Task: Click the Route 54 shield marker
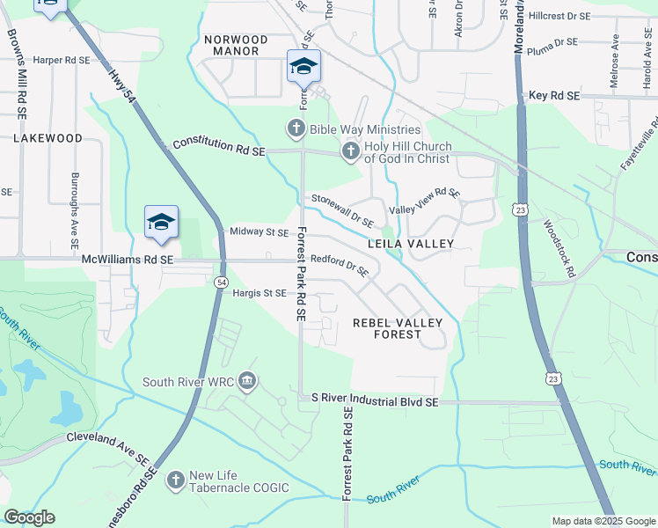coord(220,281)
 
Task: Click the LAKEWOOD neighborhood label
coord(48,138)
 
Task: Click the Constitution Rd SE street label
coord(219,147)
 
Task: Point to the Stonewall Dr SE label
coord(342,210)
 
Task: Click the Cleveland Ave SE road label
coord(107,446)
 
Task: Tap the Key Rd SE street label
coord(554,95)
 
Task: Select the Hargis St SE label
coord(259,293)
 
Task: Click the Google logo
coord(29,517)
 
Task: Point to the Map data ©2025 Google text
coord(603,521)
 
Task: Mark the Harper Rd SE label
coord(62,61)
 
